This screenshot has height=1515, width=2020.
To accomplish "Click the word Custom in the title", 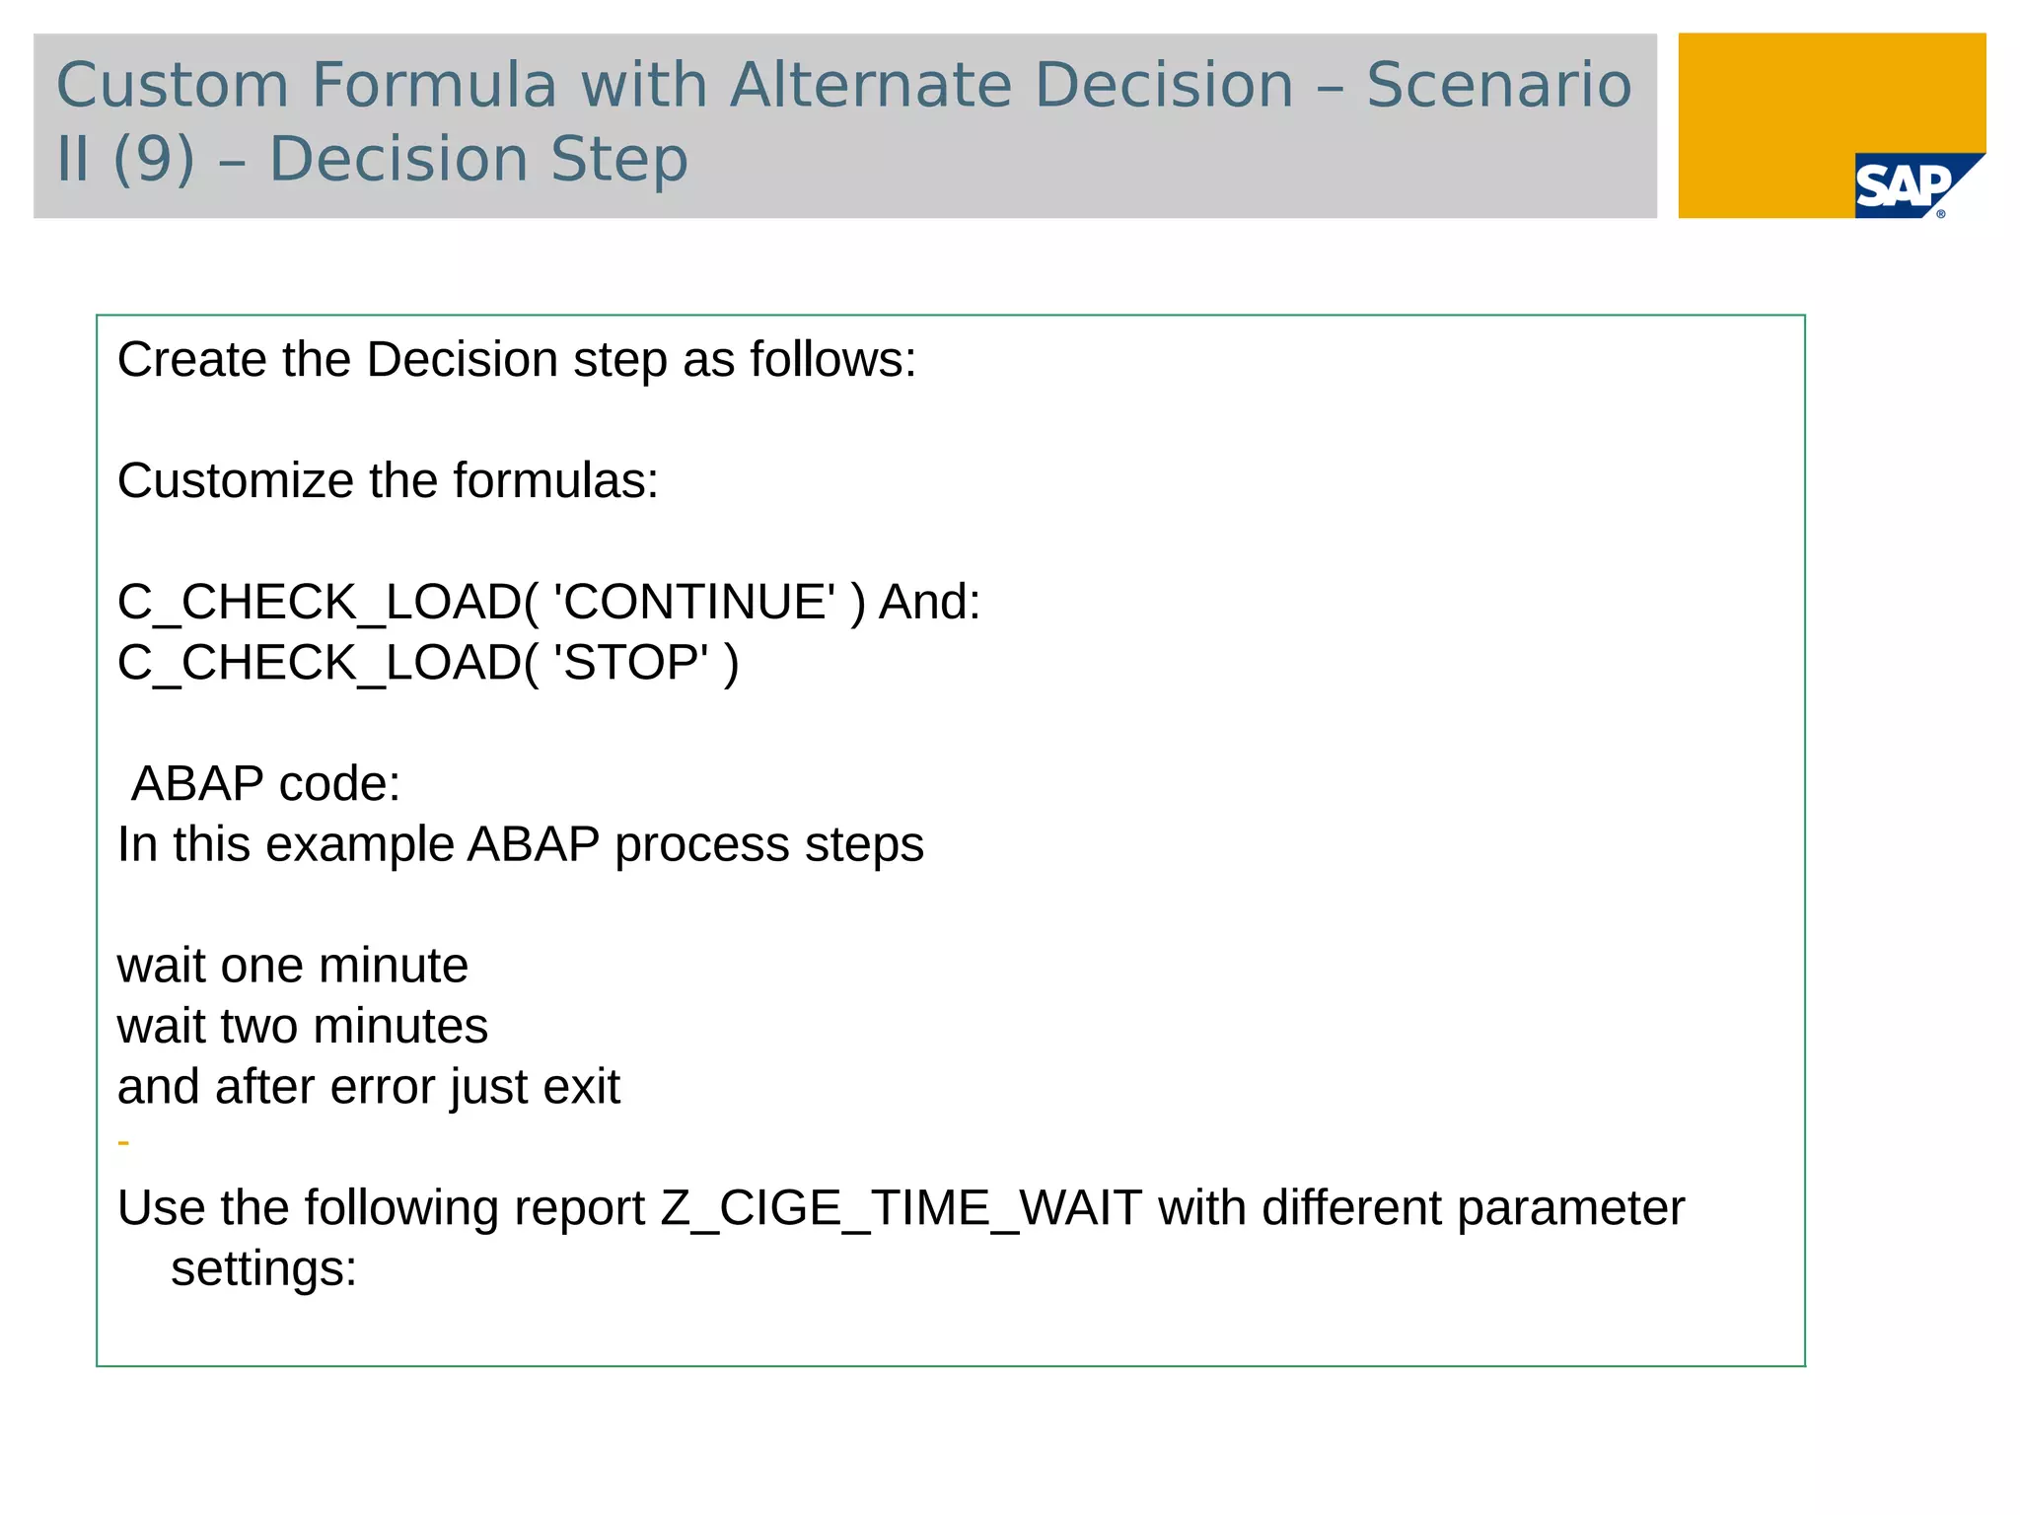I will [173, 85].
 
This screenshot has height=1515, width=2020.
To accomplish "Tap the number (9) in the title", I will [154, 159].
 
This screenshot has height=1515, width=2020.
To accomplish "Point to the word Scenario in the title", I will [1498, 85].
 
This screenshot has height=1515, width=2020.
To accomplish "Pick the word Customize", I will [236, 481].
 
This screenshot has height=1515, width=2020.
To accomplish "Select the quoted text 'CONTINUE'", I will [694, 602].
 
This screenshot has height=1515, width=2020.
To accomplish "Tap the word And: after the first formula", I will [929, 602].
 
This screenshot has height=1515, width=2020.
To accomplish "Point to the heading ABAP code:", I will [265, 784].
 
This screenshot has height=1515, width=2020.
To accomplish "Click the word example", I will [359, 845].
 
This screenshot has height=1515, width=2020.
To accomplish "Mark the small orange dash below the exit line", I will [123, 1143].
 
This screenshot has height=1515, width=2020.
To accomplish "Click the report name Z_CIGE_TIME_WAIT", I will [902, 1209].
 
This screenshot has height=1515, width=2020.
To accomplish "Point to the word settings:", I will [263, 1269].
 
